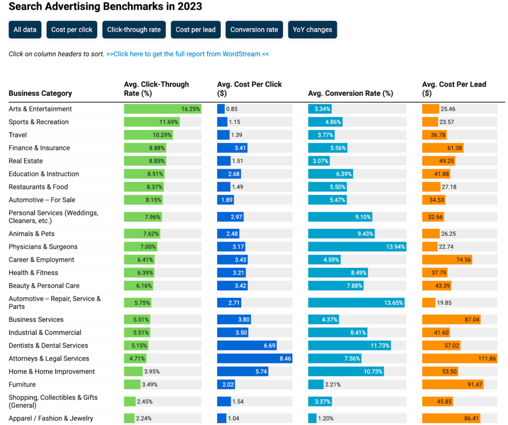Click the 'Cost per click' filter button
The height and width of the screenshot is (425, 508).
(x=72, y=30)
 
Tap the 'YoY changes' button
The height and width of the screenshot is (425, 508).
(x=312, y=30)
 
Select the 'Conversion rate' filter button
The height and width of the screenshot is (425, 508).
(x=254, y=30)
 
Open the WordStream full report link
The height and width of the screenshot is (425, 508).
(x=187, y=54)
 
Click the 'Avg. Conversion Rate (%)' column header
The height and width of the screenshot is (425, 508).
(x=350, y=93)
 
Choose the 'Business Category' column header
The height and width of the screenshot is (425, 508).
(x=40, y=93)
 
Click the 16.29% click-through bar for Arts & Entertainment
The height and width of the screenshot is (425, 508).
(x=162, y=109)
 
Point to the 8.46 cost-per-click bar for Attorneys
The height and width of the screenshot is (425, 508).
(x=254, y=358)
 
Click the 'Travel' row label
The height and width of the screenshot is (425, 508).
(x=18, y=135)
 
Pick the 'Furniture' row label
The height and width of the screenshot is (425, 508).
(x=22, y=385)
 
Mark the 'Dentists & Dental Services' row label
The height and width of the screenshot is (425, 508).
(x=48, y=346)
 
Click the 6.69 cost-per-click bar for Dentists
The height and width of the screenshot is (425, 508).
(x=247, y=346)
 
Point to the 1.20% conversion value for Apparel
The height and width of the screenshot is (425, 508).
(x=326, y=419)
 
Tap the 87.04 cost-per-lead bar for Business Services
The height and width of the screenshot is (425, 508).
(x=451, y=319)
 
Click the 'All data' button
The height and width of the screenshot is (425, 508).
(x=25, y=30)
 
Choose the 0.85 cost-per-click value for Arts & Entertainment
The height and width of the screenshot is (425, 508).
(x=232, y=109)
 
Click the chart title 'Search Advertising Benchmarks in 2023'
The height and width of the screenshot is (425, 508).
(x=106, y=7)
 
